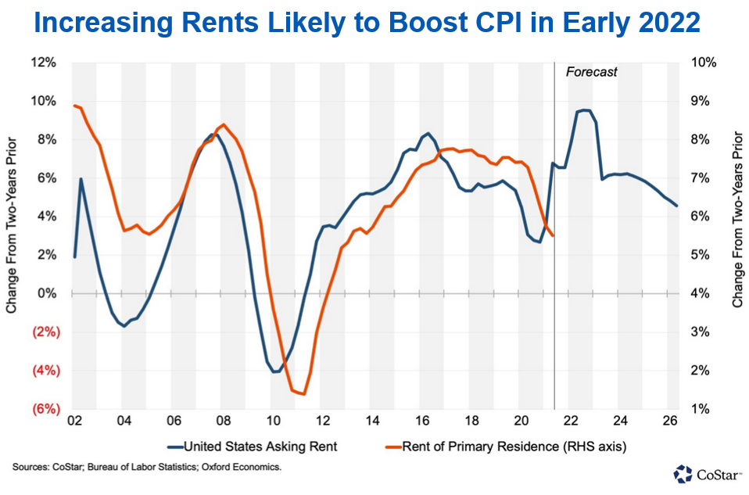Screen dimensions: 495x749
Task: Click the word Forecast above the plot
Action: [x=591, y=72]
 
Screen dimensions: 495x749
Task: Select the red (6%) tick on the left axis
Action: [x=45, y=409]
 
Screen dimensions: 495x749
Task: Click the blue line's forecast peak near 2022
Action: [x=584, y=110]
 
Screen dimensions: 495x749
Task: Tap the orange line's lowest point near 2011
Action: [x=303, y=394]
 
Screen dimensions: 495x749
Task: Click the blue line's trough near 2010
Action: [x=274, y=371]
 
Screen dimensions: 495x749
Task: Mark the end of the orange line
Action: [x=553, y=235]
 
